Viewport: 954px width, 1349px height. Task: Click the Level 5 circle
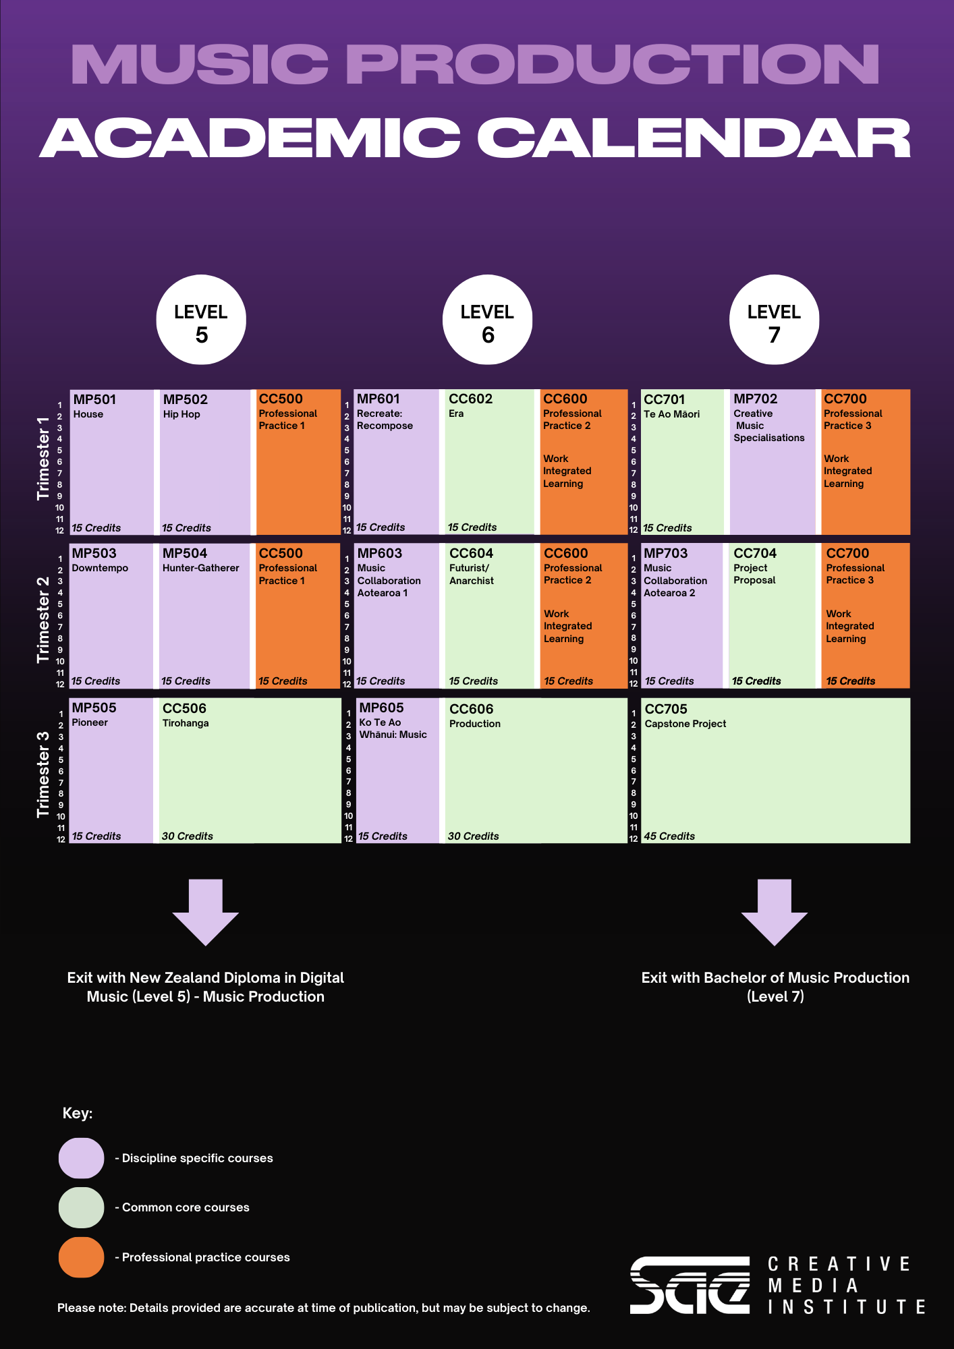click(201, 320)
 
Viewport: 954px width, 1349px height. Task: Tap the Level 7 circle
click(774, 320)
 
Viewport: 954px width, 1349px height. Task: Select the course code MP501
click(94, 399)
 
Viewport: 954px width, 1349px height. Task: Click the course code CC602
click(471, 399)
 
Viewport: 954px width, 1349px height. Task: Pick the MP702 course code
click(756, 399)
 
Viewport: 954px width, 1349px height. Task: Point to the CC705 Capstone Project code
click(666, 709)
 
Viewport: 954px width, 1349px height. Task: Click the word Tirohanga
click(186, 723)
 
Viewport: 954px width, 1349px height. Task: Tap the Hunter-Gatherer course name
click(200, 568)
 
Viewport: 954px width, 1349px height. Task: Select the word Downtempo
click(100, 569)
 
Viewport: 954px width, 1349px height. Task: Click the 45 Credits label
click(669, 836)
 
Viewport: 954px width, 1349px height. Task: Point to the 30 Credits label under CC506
click(188, 836)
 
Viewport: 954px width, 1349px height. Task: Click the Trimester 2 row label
click(43, 620)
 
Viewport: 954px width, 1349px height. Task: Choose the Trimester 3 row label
click(43, 775)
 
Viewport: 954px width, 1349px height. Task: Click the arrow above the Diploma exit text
click(206, 912)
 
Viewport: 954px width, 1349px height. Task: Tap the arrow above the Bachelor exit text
click(775, 912)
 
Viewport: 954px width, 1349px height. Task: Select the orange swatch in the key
click(82, 1257)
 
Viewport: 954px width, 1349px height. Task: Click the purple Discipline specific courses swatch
click(82, 1158)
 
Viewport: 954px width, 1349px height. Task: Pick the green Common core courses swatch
click(82, 1207)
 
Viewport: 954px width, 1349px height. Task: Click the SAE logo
click(690, 1285)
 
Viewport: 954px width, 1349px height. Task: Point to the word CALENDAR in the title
click(694, 138)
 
